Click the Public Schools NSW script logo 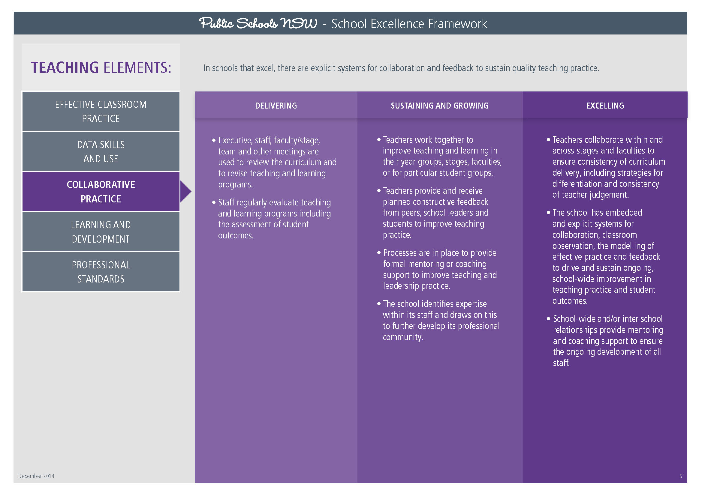258,23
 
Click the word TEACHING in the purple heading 65,67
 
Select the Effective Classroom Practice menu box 101,112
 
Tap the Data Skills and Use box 101,151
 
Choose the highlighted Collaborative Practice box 101,192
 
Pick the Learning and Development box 101,232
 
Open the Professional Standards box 101,272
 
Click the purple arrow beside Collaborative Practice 185,192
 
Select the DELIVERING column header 276,106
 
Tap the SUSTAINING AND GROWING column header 439,106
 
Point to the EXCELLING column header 605,106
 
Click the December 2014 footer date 36,476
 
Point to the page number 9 681,476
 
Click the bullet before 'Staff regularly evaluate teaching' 214,202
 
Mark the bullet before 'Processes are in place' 379,253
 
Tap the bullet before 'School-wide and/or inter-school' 549,319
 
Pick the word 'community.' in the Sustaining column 403,337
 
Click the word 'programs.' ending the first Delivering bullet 235,184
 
